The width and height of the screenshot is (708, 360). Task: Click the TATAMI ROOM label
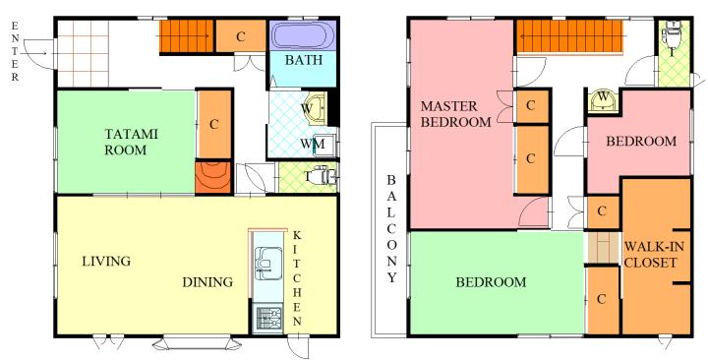coord(132,142)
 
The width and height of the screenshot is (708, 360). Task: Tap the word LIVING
coord(106,261)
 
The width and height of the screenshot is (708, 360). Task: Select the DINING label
coord(207,282)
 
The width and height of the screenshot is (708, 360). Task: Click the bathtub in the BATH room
coord(303,35)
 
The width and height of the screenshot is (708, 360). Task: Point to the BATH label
coord(304,60)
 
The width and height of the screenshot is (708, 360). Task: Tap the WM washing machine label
coord(313,144)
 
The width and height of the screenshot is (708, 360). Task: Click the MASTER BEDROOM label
coord(455,114)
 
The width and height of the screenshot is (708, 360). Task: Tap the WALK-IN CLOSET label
coord(654,255)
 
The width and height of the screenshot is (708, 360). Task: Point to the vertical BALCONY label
coord(391,228)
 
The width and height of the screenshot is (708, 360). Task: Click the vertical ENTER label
coord(15,51)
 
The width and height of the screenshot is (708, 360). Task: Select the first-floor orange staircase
coord(186,36)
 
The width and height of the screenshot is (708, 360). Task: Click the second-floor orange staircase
coord(569,37)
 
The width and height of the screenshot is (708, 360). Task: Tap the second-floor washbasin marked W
coord(603,99)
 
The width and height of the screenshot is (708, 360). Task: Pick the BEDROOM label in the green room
coord(491,282)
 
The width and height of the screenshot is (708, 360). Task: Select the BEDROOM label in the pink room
coord(641,142)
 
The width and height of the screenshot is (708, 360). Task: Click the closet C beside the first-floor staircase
coord(241,36)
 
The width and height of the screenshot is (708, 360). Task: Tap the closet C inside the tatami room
coord(214,125)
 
